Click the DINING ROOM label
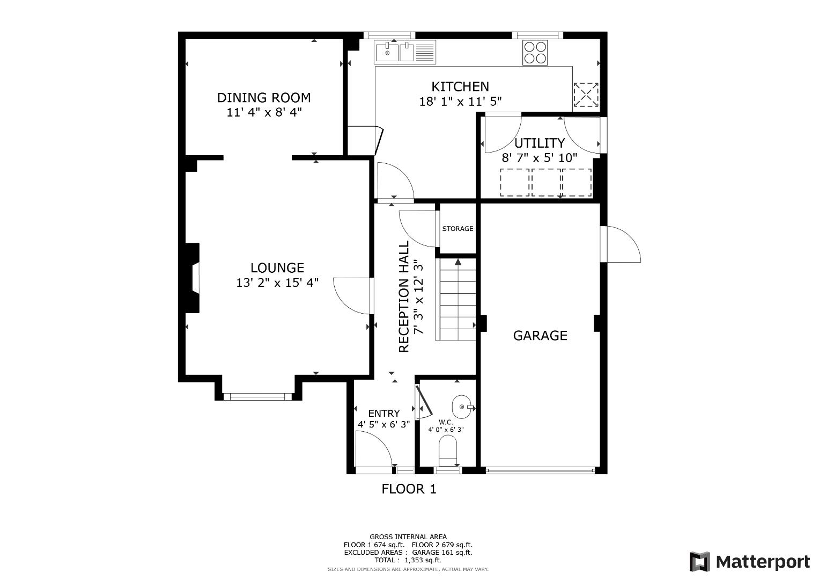(x=264, y=98)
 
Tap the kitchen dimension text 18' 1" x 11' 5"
(x=460, y=102)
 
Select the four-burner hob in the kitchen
(x=535, y=53)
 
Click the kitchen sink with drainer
(x=405, y=53)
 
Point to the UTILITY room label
(x=540, y=143)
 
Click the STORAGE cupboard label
(x=458, y=229)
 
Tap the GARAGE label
(x=541, y=336)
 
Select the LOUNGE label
(x=277, y=268)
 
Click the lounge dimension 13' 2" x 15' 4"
(x=277, y=283)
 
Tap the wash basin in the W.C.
(x=462, y=407)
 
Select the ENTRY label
(x=384, y=414)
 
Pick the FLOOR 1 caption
(x=409, y=489)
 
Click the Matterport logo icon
(x=700, y=562)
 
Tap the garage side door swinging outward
(x=621, y=244)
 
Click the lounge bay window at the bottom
(x=258, y=396)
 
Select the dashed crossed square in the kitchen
(x=586, y=95)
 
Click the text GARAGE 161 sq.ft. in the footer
(x=442, y=553)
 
